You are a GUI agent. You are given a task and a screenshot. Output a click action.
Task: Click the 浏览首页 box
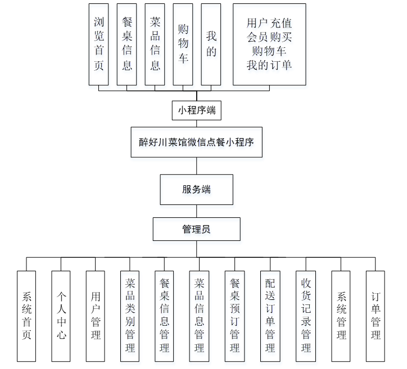coord(99,44)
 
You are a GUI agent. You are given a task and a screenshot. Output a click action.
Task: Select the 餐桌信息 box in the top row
coord(127,44)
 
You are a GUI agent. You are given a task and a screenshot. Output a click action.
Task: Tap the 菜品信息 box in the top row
coord(155,44)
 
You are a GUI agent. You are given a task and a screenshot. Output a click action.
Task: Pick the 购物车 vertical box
coord(183,44)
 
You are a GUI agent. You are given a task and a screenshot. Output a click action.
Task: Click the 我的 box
coord(211,44)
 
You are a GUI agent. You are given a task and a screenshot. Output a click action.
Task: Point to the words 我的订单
coord(269,65)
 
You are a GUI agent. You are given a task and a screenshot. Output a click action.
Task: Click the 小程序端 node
coord(196,111)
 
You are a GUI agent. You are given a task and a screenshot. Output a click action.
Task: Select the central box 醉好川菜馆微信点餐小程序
coord(196,143)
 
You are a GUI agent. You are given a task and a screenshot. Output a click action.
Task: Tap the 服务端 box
coord(196,189)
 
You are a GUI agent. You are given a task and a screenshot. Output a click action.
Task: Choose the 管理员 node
coord(196,229)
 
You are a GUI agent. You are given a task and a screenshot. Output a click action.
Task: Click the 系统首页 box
coord(26,316)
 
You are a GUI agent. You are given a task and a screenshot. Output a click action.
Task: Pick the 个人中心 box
coord(61,316)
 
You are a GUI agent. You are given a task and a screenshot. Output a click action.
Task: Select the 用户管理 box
coord(96,316)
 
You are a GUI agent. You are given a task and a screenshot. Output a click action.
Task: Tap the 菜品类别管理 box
coord(130,316)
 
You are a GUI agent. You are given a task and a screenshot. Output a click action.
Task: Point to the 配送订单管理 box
coord(270,316)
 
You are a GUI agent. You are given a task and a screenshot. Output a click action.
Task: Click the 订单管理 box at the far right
coord(376,316)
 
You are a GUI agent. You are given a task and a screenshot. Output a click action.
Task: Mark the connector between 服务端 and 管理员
coord(196,211)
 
